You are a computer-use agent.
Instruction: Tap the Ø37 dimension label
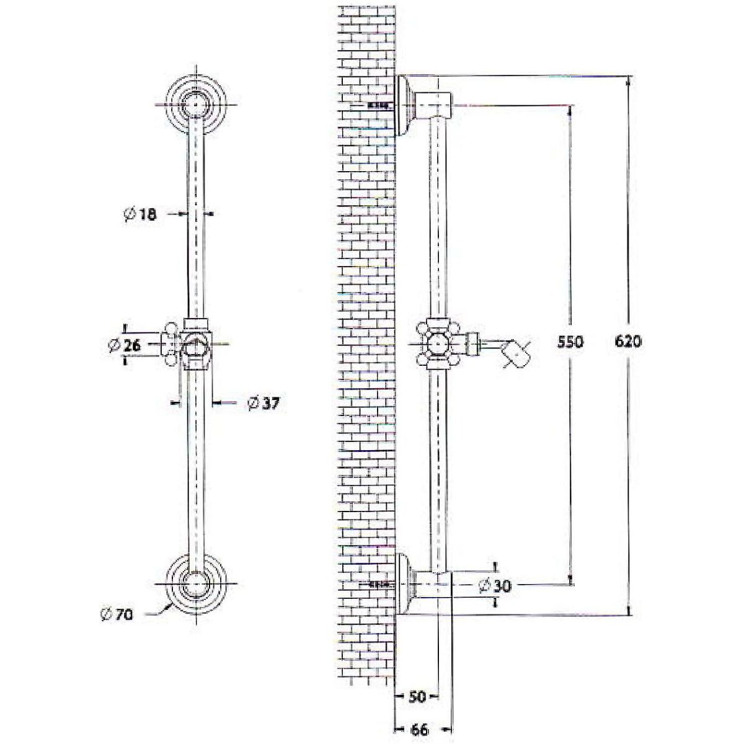pyautogui.click(x=263, y=404)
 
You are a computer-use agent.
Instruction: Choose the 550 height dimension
pyautogui.click(x=570, y=342)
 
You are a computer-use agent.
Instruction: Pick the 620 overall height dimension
pyautogui.click(x=628, y=342)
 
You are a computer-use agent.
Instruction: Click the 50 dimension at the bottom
pyautogui.click(x=417, y=686)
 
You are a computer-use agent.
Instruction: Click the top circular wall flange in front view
pyautogui.click(x=196, y=104)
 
